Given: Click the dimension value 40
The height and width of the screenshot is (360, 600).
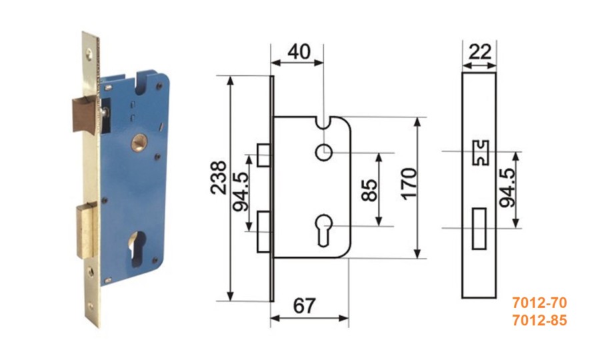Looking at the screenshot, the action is pos(299,51).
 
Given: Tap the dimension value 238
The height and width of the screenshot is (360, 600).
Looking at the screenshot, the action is pos(219,177).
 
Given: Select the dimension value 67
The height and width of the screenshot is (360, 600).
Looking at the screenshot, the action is pos(305,306).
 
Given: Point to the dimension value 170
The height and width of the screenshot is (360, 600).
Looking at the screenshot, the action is pos(409,183).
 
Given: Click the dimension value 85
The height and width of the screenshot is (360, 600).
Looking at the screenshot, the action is pos(369,190).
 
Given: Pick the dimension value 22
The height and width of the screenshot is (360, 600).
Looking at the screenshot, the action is pos(479,51).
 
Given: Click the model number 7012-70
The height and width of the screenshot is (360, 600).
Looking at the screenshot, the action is pos(539,303).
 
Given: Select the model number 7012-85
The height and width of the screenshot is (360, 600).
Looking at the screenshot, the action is pos(539,320).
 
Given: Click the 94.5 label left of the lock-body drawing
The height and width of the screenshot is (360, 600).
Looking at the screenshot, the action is pos(241,192).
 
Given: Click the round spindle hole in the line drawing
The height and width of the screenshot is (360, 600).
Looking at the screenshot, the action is pos(324,153).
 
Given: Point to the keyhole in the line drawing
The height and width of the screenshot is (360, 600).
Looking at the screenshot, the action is pos(324,229).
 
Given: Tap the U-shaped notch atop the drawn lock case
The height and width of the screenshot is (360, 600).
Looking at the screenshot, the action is pos(324,123).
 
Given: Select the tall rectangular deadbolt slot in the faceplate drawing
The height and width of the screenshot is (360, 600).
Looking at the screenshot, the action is pos(479,229).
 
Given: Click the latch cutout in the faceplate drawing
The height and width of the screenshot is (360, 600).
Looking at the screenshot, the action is pos(481,153).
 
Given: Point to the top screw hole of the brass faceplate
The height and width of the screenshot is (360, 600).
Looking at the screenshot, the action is pos(89,54).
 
